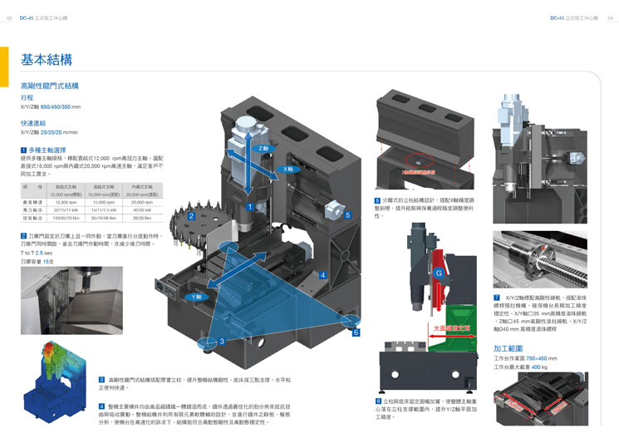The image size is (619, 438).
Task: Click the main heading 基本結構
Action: coord(47,60)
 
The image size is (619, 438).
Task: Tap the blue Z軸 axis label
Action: coord(263,148)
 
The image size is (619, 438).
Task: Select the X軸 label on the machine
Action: coord(288,168)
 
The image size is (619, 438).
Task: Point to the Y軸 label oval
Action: coord(197,296)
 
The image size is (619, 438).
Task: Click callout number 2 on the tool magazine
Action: coord(191,216)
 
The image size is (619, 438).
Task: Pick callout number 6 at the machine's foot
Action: coord(356,332)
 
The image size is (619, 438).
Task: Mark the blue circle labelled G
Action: coord(438,273)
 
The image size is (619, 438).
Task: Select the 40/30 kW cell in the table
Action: coord(142,209)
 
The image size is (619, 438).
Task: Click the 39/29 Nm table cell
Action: coord(142,217)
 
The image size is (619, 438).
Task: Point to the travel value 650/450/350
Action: coord(61,107)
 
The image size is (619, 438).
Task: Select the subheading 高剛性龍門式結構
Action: coord(49,86)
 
